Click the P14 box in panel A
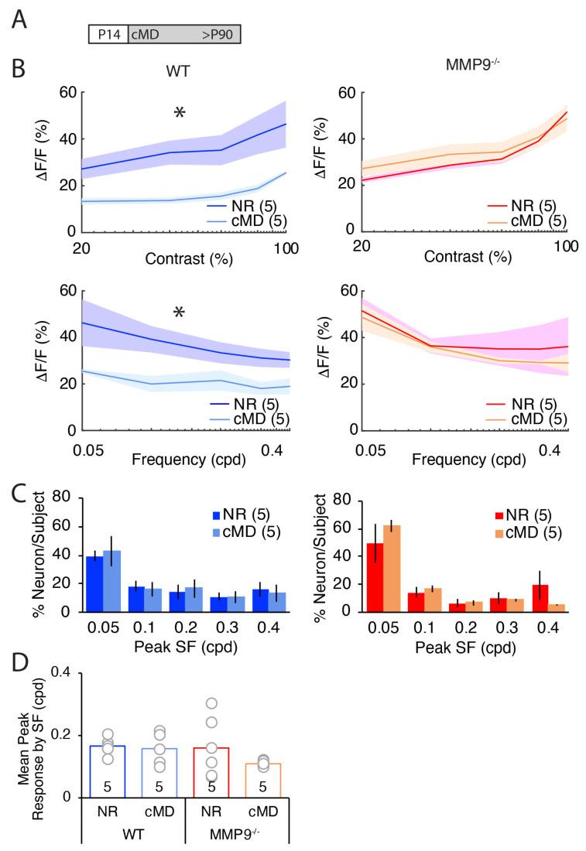[x=102, y=34]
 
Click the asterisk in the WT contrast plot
[x=179, y=114]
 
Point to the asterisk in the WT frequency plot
[x=179, y=313]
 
